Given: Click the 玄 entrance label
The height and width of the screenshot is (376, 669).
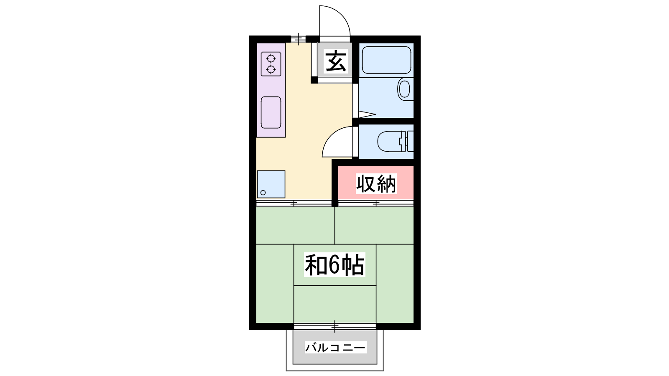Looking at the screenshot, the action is tap(336, 61).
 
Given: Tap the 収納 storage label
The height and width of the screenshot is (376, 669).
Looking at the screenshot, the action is tap(376, 183).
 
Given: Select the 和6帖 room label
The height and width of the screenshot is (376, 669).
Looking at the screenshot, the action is tap(334, 265).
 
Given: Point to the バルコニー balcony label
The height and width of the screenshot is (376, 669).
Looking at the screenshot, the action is tap(335, 347).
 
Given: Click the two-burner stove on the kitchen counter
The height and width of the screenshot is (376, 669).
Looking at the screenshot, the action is tap(271, 64).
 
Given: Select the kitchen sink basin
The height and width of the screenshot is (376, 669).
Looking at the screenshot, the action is tap(271, 112).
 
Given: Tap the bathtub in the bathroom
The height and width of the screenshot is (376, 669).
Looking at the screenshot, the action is tap(386, 60).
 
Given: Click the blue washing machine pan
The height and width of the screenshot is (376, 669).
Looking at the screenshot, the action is tap(271, 184).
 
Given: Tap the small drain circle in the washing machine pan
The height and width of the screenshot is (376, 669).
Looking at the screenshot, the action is tap(263, 193).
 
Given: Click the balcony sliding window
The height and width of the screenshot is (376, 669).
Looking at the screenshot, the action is tap(335, 326).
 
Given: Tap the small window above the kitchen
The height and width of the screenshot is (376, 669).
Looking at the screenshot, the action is tap(299, 39).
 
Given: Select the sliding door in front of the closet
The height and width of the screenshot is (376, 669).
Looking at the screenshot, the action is tap(376, 203).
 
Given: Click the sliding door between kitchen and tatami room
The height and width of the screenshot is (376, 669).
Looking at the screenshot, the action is tap(294, 203).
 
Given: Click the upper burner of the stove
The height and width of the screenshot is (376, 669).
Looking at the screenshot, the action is tap(271, 58).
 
